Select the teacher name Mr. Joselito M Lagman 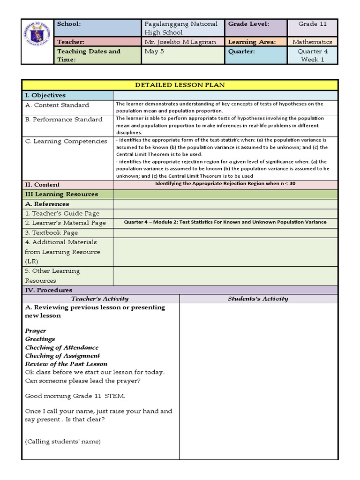click(x=180, y=42)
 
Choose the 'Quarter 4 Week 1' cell click(x=312, y=55)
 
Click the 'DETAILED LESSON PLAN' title click(x=180, y=85)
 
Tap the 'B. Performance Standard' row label click(x=64, y=120)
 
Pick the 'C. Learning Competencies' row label click(x=66, y=141)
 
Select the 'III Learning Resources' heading click(x=61, y=194)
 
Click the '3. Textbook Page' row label click(x=52, y=232)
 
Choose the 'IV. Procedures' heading click(x=49, y=290)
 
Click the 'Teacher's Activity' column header click(x=100, y=299)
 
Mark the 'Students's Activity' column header click(x=258, y=299)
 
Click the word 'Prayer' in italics click(x=36, y=331)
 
